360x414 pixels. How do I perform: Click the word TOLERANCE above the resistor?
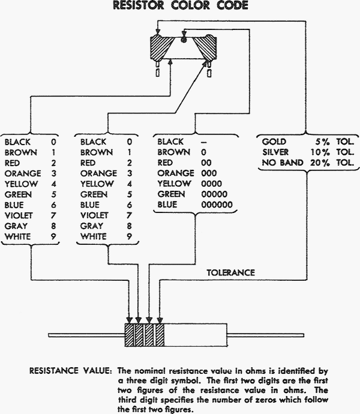[230, 272]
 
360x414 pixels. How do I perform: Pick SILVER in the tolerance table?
[276, 152]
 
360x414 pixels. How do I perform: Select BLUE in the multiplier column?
[167, 205]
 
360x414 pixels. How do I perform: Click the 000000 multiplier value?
[216, 205]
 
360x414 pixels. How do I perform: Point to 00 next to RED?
[206, 163]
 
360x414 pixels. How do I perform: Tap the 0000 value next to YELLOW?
[211, 184]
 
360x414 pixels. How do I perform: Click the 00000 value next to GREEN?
[214, 194]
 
